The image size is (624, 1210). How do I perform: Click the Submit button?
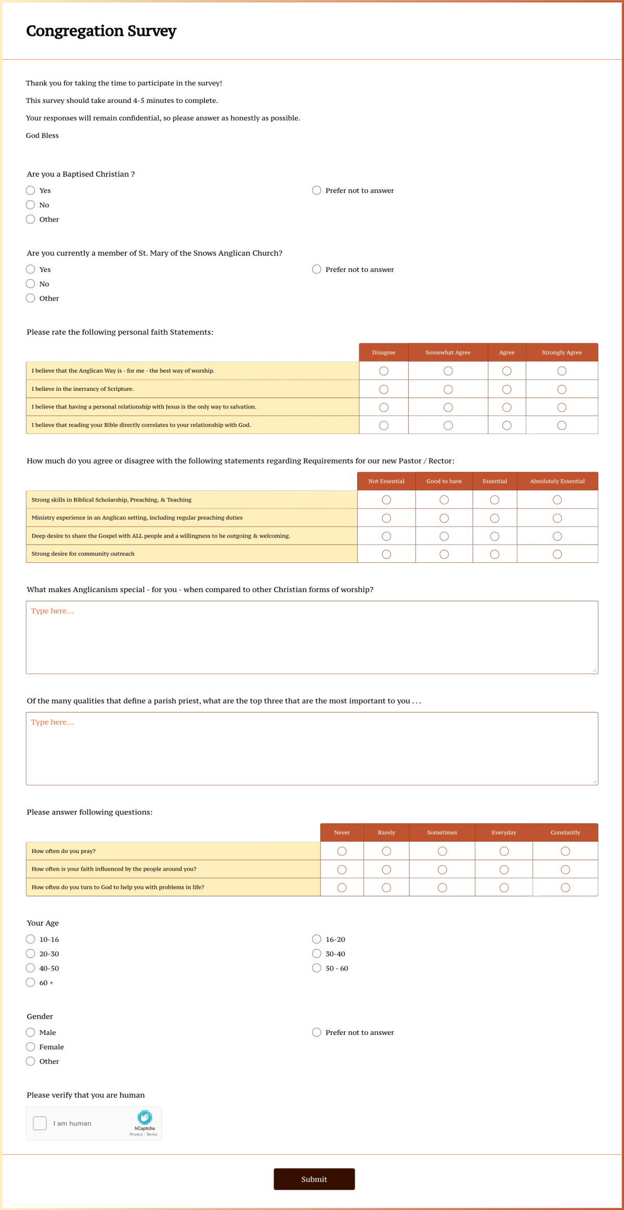pos(314,1179)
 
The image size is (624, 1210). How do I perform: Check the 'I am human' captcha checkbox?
pos(40,1123)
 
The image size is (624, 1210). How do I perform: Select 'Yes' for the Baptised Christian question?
pos(31,190)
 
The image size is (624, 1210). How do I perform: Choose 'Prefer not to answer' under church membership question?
pos(317,269)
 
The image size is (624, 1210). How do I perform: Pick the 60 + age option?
pos(31,982)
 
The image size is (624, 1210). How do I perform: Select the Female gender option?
pos(31,1047)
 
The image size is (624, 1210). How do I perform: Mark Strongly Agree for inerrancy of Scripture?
pos(562,389)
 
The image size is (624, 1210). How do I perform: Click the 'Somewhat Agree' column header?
pos(448,352)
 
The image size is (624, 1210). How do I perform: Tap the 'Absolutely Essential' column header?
pos(557,481)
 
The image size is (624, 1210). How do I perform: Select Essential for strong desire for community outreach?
pos(495,554)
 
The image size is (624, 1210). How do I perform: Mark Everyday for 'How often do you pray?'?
pos(504,851)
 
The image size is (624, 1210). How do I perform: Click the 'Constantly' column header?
pos(565,833)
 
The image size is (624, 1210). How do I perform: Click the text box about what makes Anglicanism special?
pos(312,637)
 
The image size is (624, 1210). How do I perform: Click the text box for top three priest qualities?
pos(312,748)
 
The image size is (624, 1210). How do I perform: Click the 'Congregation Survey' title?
pos(101,31)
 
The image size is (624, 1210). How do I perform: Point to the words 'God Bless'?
pos(42,135)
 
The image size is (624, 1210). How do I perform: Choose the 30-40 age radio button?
pos(317,953)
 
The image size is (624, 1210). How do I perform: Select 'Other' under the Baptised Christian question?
pos(31,219)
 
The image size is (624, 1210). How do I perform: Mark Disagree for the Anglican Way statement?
pos(384,371)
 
